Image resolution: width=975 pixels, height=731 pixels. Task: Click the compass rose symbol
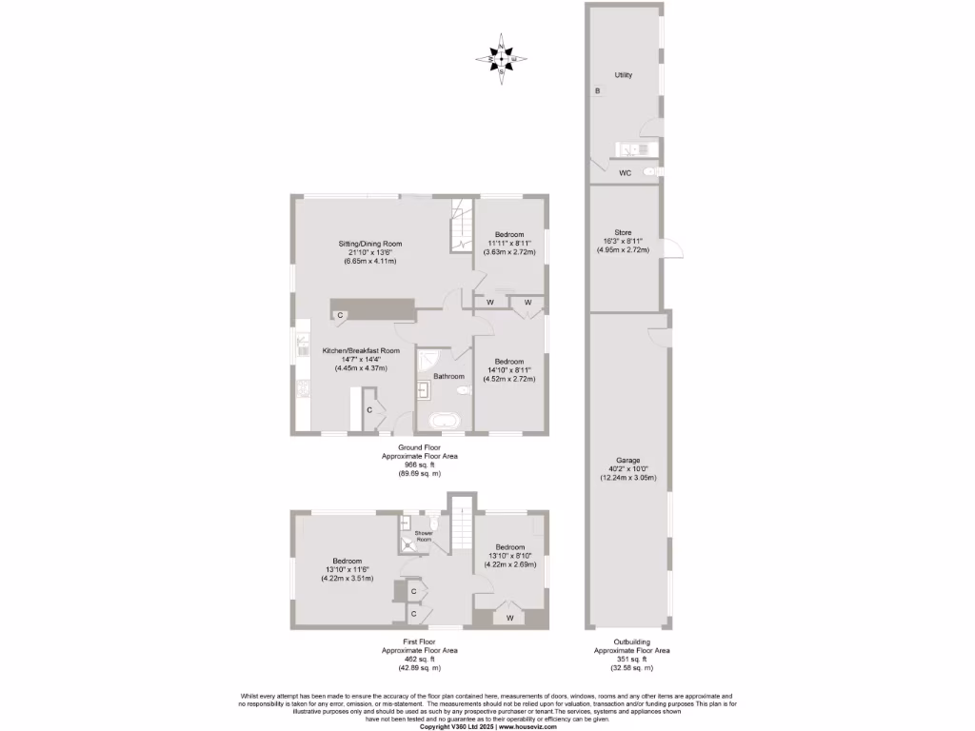click(x=502, y=59)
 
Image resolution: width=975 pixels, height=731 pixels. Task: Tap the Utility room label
click(x=624, y=74)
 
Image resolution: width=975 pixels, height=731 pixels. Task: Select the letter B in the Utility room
click(x=597, y=91)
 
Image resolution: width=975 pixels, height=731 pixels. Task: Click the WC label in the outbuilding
click(x=625, y=173)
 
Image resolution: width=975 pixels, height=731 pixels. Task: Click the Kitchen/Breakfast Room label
click(x=360, y=350)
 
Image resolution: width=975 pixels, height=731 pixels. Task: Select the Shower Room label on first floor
click(x=424, y=537)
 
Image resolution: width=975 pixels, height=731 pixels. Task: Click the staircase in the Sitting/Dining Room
click(x=462, y=228)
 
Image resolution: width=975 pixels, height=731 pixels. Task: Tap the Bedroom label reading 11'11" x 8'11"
click(x=508, y=244)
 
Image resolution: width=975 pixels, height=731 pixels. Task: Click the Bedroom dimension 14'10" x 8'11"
click(x=508, y=370)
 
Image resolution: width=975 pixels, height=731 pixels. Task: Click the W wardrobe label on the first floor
click(x=510, y=618)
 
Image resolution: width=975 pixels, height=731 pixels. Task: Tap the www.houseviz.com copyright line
click(x=487, y=726)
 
